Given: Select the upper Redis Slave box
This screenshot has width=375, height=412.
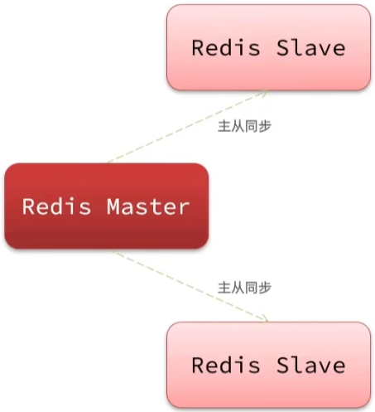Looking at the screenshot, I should (268, 47).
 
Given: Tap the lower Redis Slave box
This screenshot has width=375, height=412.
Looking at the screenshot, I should (268, 365).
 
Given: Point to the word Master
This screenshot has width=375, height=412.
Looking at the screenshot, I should (147, 206).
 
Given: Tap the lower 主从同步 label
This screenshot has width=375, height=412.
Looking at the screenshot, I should (244, 288).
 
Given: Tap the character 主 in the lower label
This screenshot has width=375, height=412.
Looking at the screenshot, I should (224, 288).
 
